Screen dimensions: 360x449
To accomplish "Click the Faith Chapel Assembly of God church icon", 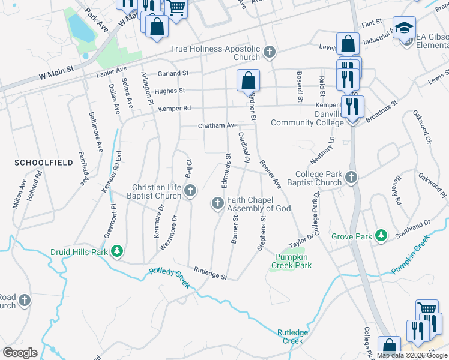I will click(217, 204).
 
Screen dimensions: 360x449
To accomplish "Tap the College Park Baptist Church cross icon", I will click(351, 178).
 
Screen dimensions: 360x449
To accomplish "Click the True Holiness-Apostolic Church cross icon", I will click(270, 53).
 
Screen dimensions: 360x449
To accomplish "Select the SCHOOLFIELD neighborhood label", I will click(38, 163).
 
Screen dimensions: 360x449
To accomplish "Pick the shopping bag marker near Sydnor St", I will click(248, 79).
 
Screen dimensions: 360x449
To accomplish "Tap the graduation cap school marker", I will click(404, 27).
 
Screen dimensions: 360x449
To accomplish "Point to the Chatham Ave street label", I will click(218, 126).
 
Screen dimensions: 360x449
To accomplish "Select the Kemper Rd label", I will click(174, 109).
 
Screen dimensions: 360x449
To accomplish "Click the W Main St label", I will click(55, 72).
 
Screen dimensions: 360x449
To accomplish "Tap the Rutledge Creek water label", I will click(292, 337).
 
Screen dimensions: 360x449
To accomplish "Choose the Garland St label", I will click(173, 73).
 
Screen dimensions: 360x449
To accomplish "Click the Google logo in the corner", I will click(20, 352).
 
